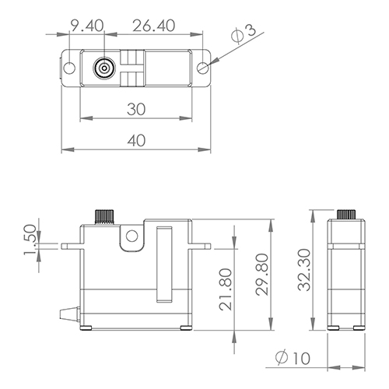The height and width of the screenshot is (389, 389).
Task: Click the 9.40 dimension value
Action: point(87,26)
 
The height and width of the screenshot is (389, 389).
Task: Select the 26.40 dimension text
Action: point(154,26)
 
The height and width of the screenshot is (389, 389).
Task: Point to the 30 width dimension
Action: point(136,109)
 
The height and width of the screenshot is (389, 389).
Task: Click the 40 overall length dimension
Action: point(136,140)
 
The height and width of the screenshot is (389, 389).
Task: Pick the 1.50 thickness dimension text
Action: point(30,240)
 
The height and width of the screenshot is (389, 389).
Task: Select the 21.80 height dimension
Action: point(225,289)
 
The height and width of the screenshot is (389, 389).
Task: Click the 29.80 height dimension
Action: point(261,275)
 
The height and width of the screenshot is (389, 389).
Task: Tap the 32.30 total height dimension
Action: point(304,270)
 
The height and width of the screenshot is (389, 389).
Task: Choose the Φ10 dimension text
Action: point(293,358)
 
